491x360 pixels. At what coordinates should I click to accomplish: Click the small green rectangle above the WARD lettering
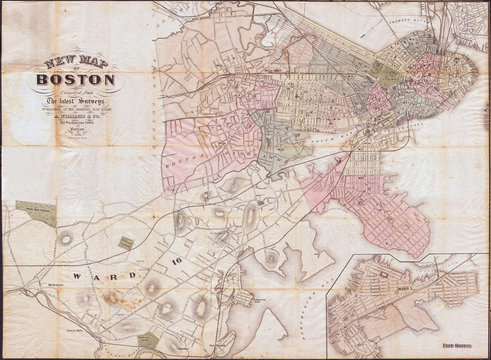[125, 242]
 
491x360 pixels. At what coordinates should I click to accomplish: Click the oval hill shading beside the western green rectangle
[68, 237]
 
